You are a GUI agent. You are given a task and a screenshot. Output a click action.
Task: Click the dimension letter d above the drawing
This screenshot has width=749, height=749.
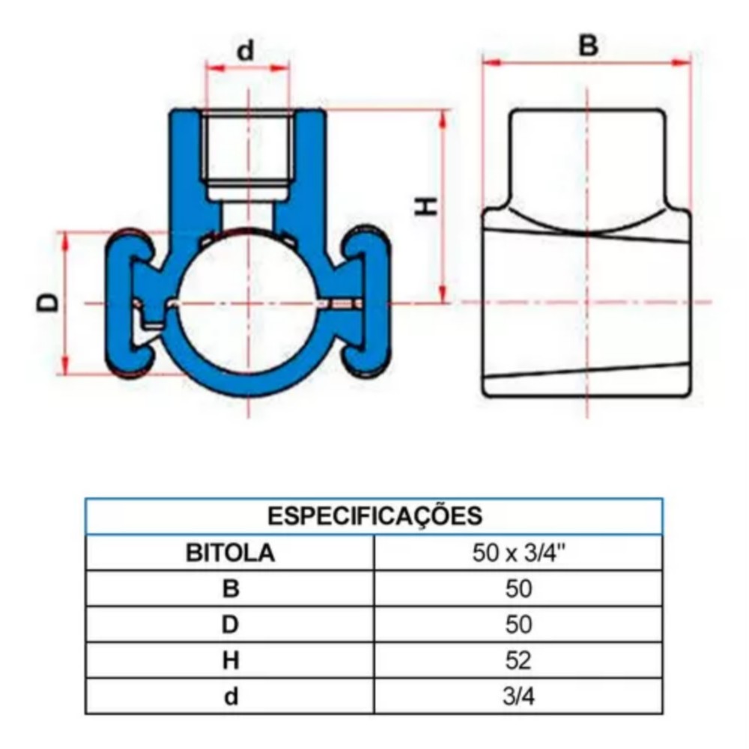(246, 51)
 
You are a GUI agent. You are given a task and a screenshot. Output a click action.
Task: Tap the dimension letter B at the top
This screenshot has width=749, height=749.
(589, 45)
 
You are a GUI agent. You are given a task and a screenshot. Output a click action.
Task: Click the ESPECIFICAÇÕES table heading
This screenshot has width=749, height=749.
(374, 516)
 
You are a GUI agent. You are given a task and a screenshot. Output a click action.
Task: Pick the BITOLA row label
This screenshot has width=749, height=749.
(231, 554)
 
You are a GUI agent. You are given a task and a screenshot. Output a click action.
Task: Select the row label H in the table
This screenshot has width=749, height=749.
(231, 661)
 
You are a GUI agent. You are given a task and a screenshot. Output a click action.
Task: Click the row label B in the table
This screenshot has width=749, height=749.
(231, 589)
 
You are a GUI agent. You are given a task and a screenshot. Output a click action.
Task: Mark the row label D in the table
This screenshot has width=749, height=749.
(231, 625)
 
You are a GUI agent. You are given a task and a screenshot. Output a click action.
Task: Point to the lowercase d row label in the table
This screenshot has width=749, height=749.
(231, 697)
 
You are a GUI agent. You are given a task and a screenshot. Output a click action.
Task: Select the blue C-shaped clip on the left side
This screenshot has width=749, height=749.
(127, 303)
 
